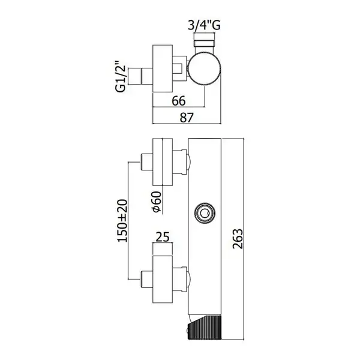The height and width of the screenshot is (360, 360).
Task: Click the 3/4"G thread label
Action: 204,25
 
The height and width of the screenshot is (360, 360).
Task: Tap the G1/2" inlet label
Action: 121,76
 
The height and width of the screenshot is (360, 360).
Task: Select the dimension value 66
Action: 178,101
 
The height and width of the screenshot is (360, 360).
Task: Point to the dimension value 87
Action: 187,118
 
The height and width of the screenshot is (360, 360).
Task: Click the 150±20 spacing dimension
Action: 122,221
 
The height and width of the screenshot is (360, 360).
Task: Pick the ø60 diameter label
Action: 157,202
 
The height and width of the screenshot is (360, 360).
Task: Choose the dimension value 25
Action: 163,237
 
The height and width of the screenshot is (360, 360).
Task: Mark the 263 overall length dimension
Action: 238,239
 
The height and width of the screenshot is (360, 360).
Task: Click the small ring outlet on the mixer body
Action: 205,213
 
